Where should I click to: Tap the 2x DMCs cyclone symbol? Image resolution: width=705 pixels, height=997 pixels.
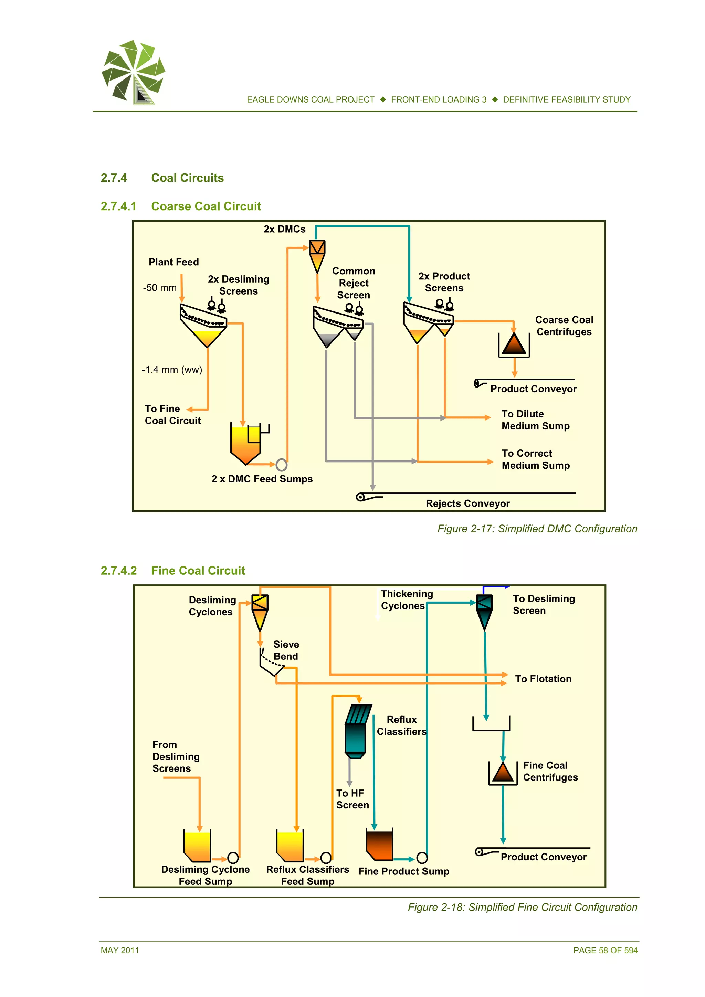tap(317, 256)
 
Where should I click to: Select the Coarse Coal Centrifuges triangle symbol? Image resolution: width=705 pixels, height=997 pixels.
tap(514, 345)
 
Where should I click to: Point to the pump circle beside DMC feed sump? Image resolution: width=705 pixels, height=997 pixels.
tap(282, 465)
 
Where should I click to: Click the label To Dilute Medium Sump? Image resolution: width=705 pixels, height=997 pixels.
tap(535, 420)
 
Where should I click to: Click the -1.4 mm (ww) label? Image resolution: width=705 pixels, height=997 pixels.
tap(171, 370)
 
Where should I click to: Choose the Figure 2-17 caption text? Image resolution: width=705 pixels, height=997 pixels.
tap(537, 529)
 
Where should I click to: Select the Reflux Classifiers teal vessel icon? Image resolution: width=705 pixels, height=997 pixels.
tap(357, 731)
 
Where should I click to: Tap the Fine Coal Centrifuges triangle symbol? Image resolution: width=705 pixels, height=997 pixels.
tap(503, 773)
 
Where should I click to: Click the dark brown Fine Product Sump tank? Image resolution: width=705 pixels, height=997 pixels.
tap(379, 845)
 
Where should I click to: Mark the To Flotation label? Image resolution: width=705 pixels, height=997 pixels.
tap(543, 679)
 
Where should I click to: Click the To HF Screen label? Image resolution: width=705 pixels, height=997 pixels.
tap(352, 799)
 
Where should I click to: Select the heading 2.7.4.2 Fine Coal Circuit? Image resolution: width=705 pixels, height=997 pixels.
tap(173, 570)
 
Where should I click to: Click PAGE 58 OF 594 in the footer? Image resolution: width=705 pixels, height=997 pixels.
tap(605, 950)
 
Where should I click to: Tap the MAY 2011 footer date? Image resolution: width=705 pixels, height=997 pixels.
tap(120, 950)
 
